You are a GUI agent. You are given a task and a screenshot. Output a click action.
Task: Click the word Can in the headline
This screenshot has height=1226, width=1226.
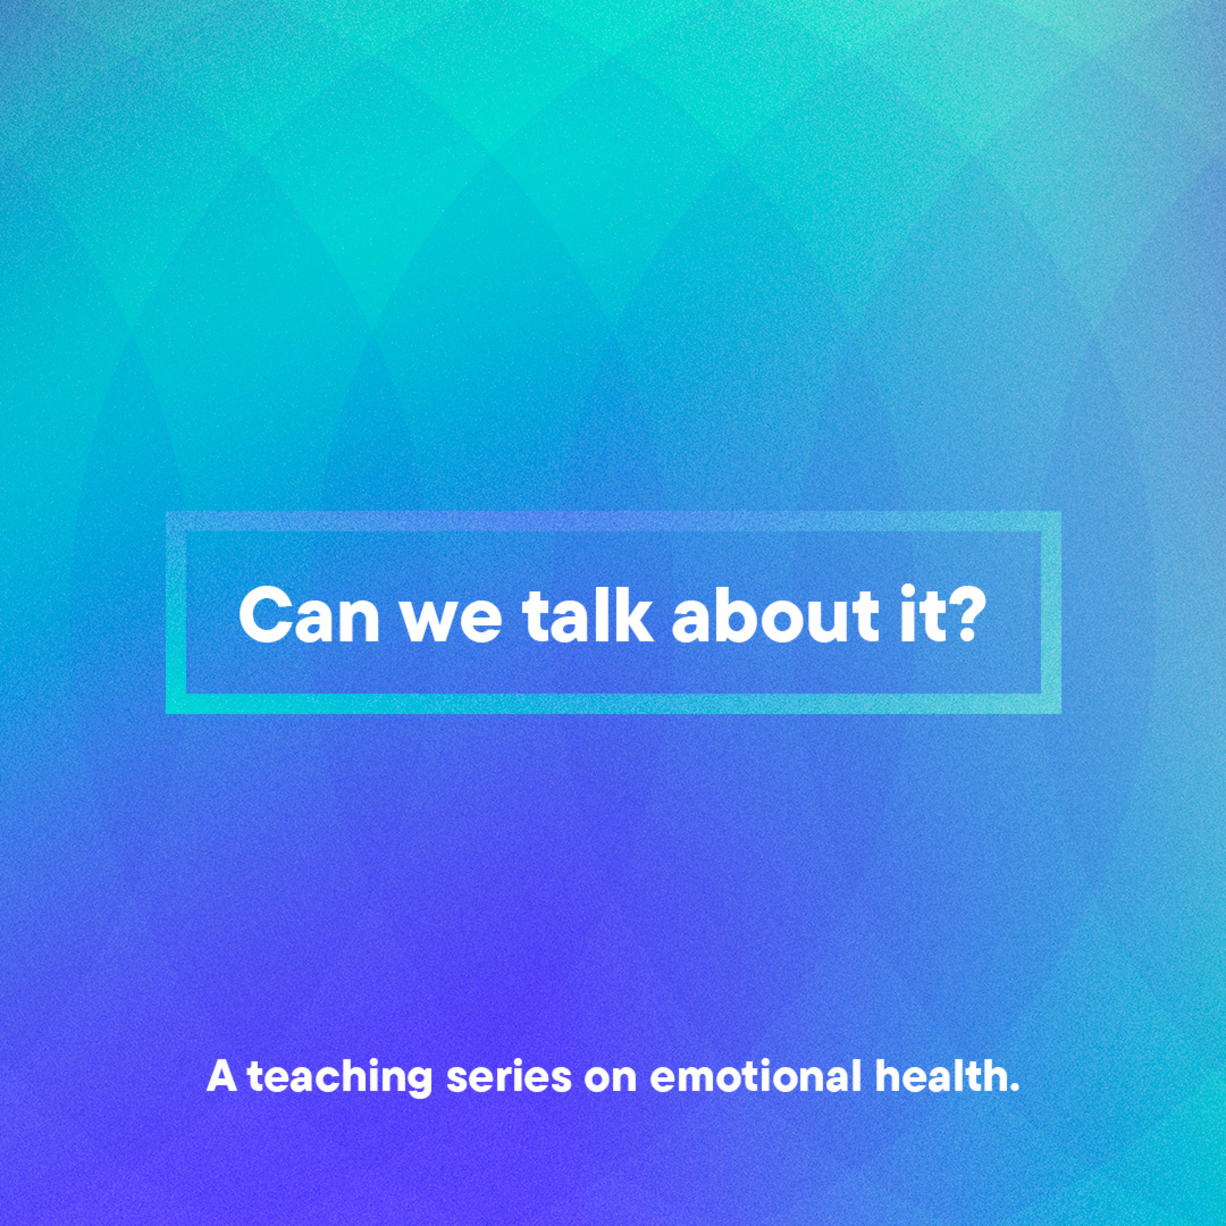click(309, 615)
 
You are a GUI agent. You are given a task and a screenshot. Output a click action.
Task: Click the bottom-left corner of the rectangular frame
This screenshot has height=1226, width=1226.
click(167, 712)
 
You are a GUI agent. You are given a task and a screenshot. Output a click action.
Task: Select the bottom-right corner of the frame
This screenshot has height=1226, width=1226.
click(1060, 712)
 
